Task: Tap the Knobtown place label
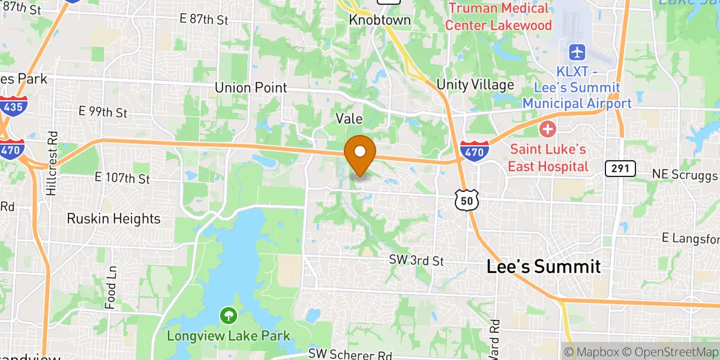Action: click(380, 20)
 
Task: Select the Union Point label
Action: click(251, 88)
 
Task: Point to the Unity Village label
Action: click(475, 85)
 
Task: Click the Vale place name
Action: click(349, 119)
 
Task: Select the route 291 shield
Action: click(620, 169)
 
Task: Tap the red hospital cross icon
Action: click(548, 128)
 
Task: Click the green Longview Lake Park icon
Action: click(228, 315)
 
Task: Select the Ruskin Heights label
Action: click(113, 218)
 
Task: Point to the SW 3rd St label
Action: click(416, 261)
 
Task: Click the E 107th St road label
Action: click(122, 178)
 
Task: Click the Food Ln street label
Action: click(110, 288)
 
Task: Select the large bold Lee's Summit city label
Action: click(543, 266)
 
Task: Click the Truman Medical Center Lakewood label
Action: click(498, 17)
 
